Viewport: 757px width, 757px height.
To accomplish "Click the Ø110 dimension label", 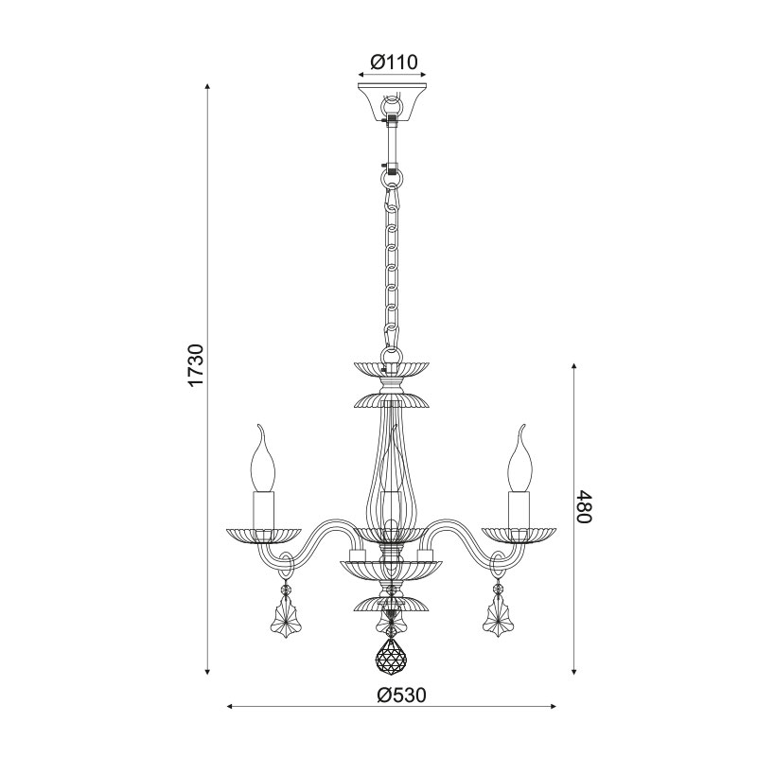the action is (393, 62).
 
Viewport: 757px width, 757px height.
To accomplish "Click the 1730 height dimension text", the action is (197, 365).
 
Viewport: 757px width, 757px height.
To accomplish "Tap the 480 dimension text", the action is (583, 506).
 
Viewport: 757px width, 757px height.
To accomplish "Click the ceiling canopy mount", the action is (392, 103).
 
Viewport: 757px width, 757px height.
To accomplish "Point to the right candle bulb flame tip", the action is (522, 426).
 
